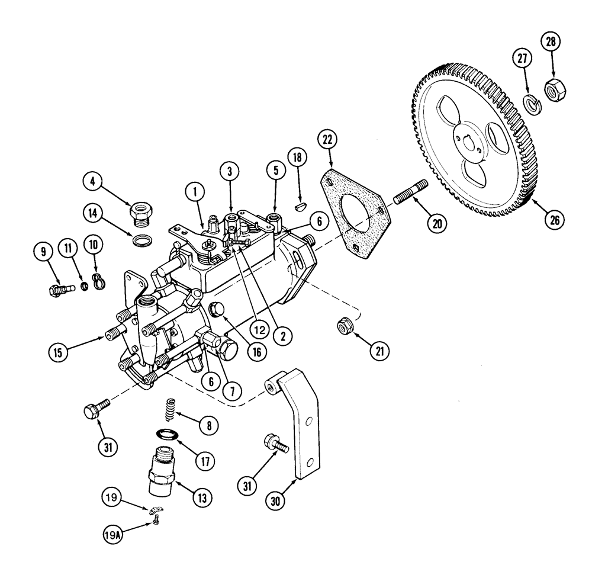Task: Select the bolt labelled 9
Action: pyautogui.click(x=58, y=290)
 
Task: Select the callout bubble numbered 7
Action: pyautogui.click(x=231, y=391)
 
